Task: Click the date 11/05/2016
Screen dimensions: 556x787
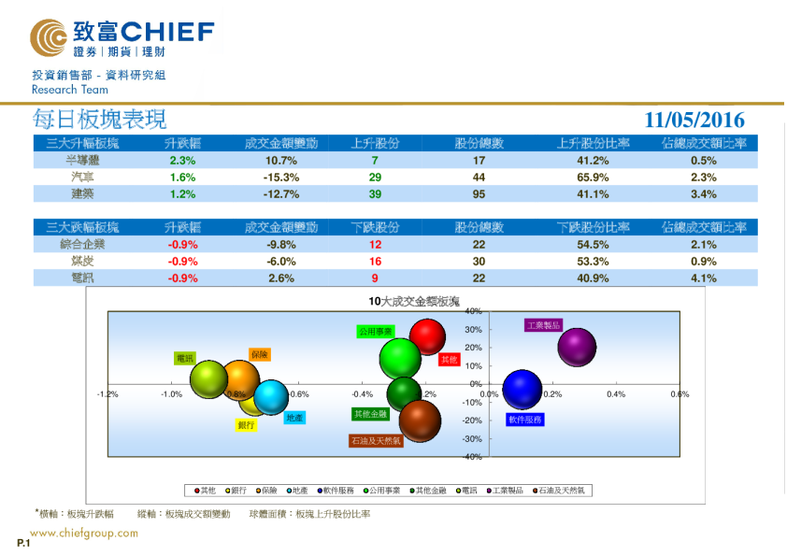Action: (x=694, y=121)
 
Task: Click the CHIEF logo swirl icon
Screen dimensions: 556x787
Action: (x=48, y=37)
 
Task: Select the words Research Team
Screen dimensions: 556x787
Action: (x=70, y=90)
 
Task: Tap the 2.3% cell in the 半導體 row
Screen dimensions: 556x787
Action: (x=182, y=160)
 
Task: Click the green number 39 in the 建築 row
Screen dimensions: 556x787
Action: (x=375, y=194)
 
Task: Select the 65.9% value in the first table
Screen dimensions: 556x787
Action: (x=593, y=177)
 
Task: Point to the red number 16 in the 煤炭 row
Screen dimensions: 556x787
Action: (x=375, y=261)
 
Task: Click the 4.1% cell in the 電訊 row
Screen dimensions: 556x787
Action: (x=703, y=278)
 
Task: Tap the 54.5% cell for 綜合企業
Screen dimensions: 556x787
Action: (x=593, y=244)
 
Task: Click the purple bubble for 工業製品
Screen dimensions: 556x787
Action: (x=577, y=348)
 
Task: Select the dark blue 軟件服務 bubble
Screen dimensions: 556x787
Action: (x=522, y=391)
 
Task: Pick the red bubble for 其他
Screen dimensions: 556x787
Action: (x=427, y=337)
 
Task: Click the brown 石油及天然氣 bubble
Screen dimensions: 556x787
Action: (x=419, y=421)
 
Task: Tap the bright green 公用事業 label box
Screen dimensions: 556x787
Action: (x=375, y=331)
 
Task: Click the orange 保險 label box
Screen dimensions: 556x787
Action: (x=260, y=354)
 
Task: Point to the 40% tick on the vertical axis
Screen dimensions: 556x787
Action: (x=473, y=311)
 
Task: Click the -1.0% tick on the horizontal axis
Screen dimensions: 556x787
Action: (x=171, y=394)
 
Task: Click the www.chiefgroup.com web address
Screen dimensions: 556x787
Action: (x=85, y=534)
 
